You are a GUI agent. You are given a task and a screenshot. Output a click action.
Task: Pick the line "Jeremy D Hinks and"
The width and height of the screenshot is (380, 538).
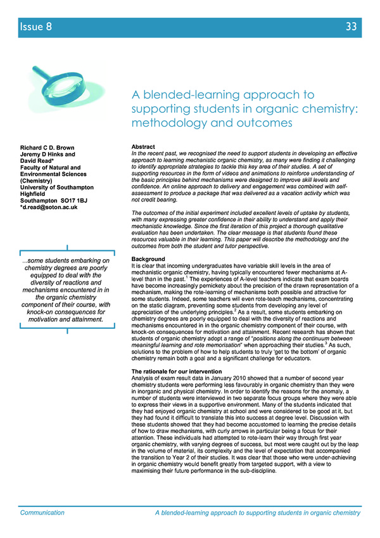pyautogui.click(x=48, y=155)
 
